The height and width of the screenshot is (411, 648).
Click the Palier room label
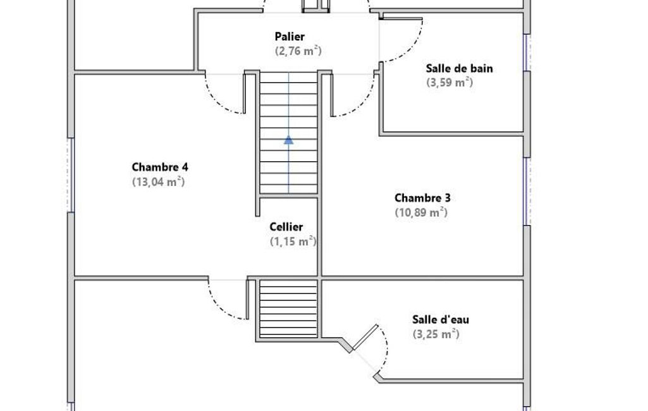tap(290, 37)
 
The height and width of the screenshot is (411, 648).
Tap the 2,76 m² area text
tap(298, 51)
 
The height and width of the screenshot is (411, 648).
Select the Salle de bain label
tap(459, 68)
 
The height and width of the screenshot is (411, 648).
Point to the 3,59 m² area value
tap(449, 82)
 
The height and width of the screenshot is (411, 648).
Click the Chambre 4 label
tap(160, 167)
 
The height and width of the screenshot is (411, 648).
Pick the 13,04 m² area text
tap(158, 181)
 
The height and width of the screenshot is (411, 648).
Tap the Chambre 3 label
tap(422, 198)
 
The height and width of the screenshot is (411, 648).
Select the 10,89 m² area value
tap(421, 212)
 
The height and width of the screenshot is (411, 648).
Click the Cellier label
tap(286, 227)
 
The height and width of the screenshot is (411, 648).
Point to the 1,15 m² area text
tap(293, 241)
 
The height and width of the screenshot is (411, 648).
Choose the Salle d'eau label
tap(440, 319)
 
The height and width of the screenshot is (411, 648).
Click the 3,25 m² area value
tap(436, 334)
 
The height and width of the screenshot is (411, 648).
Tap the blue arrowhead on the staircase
tap(288, 140)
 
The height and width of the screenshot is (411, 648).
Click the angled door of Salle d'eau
tap(365, 337)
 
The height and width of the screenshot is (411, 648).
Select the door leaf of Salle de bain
tap(403, 18)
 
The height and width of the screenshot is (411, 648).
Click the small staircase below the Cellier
tap(288, 309)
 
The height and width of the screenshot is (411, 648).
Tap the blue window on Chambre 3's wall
tap(527, 192)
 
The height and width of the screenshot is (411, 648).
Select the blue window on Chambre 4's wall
tap(71, 175)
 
